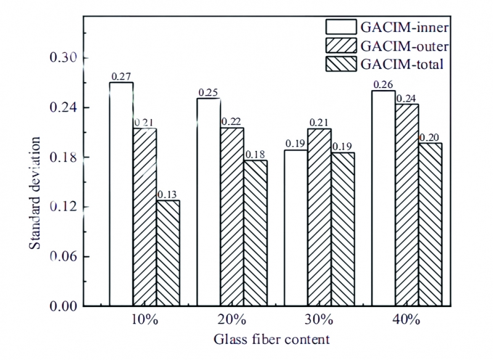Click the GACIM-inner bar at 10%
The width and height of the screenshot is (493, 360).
tap(121, 194)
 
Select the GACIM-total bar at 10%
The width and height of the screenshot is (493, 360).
tap(168, 253)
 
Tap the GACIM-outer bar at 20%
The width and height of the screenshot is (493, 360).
tap(233, 216)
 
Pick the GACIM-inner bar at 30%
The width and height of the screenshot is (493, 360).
tap(296, 228)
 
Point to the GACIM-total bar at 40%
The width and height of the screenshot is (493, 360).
tap(430, 224)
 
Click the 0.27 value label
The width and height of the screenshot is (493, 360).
tap(121, 76)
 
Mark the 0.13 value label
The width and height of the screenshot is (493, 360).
tap(168, 195)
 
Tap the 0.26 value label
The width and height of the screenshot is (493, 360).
tap(383, 84)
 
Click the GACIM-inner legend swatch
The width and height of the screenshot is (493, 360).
tap(341, 27)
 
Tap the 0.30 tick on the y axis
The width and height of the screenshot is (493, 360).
tap(63, 59)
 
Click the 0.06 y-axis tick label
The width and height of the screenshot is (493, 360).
tap(63, 256)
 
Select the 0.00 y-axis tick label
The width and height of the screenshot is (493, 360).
tap(63, 306)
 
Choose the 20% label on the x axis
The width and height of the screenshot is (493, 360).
tap(232, 321)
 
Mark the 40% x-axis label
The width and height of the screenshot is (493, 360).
tap(406, 321)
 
